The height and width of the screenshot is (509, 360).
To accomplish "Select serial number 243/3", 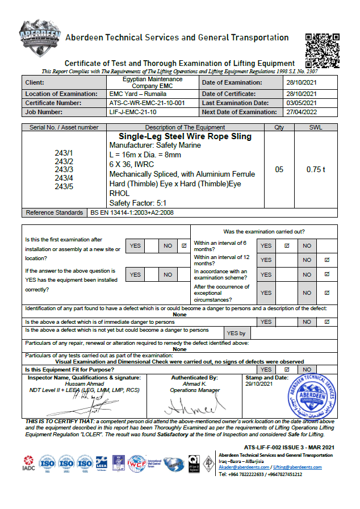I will (x=64, y=170).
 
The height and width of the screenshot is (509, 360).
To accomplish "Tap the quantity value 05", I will (x=279, y=169).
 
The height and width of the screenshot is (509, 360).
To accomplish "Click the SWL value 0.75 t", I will (x=316, y=169).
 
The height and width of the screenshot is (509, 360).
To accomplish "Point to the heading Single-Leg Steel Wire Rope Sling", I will (x=185, y=137).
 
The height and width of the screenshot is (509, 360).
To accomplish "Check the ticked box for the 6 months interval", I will (x=286, y=245).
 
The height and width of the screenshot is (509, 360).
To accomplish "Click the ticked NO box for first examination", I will (x=183, y=246).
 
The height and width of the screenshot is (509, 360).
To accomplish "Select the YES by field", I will (x=236, y=333).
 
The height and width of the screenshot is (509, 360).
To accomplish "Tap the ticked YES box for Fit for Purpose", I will (x=286, y=369).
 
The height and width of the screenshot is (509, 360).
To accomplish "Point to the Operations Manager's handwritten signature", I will (x=193, y=407).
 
